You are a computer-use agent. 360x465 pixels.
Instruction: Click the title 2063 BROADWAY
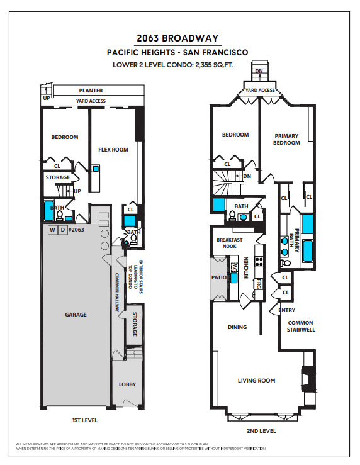pos(177,38)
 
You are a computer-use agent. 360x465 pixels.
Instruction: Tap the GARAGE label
pos(76,315)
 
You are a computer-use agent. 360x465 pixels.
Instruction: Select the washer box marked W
pos(52,230)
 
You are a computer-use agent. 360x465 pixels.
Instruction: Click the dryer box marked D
pos(62,230)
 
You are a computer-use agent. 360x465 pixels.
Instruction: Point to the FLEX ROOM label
pos(113,150)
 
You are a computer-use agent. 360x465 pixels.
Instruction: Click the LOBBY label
pos(127,384)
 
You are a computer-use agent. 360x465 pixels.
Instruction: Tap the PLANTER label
pos(91,91)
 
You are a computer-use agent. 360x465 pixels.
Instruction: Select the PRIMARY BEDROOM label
pos(286,139)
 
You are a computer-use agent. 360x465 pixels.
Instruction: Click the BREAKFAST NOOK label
pos(230,243)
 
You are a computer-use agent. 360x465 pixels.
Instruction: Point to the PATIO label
pos(219,277)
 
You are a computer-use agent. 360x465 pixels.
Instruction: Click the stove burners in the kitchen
pos(259,261)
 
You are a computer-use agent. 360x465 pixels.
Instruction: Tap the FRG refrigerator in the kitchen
pos(259,284)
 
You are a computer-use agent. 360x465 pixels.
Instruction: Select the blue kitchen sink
pos(234,278)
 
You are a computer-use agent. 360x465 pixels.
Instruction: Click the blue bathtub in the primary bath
pos(308,251)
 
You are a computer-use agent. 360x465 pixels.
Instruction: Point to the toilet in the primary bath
pos(285,263)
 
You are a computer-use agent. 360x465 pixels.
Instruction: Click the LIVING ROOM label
pos(257,381)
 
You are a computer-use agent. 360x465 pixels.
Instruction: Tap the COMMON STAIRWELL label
pos(301,326)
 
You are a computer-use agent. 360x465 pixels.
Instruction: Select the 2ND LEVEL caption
pos(262,431)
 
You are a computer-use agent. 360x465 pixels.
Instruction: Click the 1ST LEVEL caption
pos(85,420)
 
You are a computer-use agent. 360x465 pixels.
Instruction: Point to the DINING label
pos(237,327)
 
